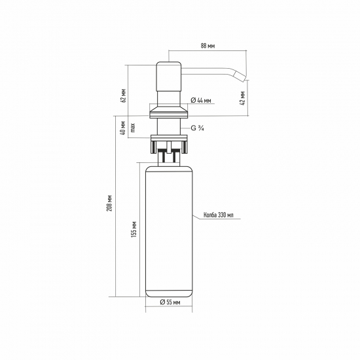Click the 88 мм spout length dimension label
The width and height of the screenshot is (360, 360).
(207, 46)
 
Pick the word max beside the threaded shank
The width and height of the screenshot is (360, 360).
(134, 128)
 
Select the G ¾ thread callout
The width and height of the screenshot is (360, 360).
(197, 128)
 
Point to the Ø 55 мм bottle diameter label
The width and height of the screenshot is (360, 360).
(170, 302)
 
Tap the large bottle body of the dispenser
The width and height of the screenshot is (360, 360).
(169, 229)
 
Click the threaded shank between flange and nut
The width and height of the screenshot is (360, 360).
(169, 126)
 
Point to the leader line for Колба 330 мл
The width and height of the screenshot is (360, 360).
(196, 218)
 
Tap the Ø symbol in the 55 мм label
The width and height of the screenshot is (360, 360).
(161, 302)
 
